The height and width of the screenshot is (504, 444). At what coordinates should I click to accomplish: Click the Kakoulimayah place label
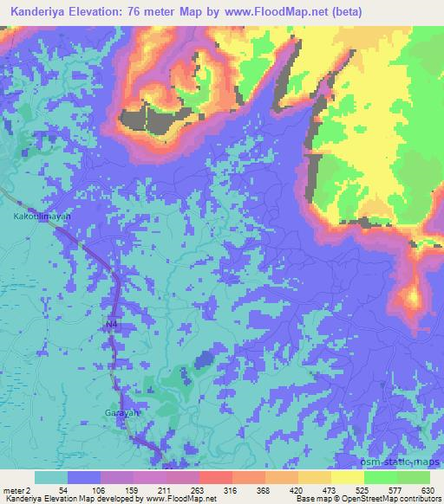coord(36,217)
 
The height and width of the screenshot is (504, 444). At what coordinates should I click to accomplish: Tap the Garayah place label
coord(121,412)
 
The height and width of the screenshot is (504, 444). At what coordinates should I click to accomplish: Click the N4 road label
coord(111,324)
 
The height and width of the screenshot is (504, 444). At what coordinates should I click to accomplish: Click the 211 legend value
coord(166,489)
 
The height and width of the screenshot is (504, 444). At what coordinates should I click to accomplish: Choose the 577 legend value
coord(395,489)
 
